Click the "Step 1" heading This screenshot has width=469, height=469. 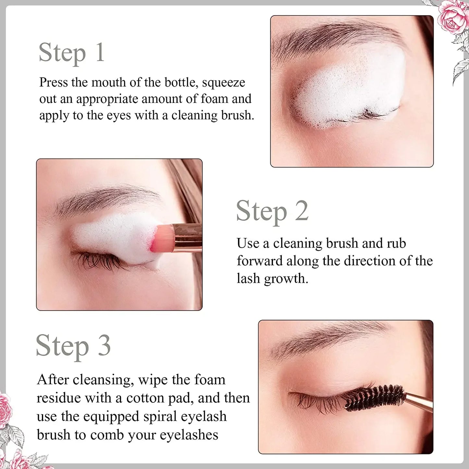click(x=71, y=53)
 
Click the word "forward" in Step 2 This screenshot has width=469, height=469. click(x=259, y=261)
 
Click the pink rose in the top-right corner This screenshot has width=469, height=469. click(x=453, y=16)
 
